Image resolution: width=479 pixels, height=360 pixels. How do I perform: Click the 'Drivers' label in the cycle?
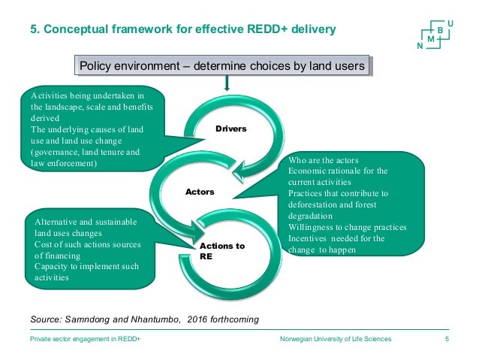click(231, 129)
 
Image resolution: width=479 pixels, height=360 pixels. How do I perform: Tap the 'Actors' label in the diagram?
click(200, 192)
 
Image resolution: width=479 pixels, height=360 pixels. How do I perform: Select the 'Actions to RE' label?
click(222, 251)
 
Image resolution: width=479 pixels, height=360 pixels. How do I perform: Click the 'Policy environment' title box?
click(222, 66)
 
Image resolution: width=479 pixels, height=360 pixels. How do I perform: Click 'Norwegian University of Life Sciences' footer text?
click(334, 340)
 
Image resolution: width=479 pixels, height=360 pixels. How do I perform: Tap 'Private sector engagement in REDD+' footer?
click(86, 340)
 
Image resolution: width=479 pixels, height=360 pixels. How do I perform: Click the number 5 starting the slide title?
click(33, 30)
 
